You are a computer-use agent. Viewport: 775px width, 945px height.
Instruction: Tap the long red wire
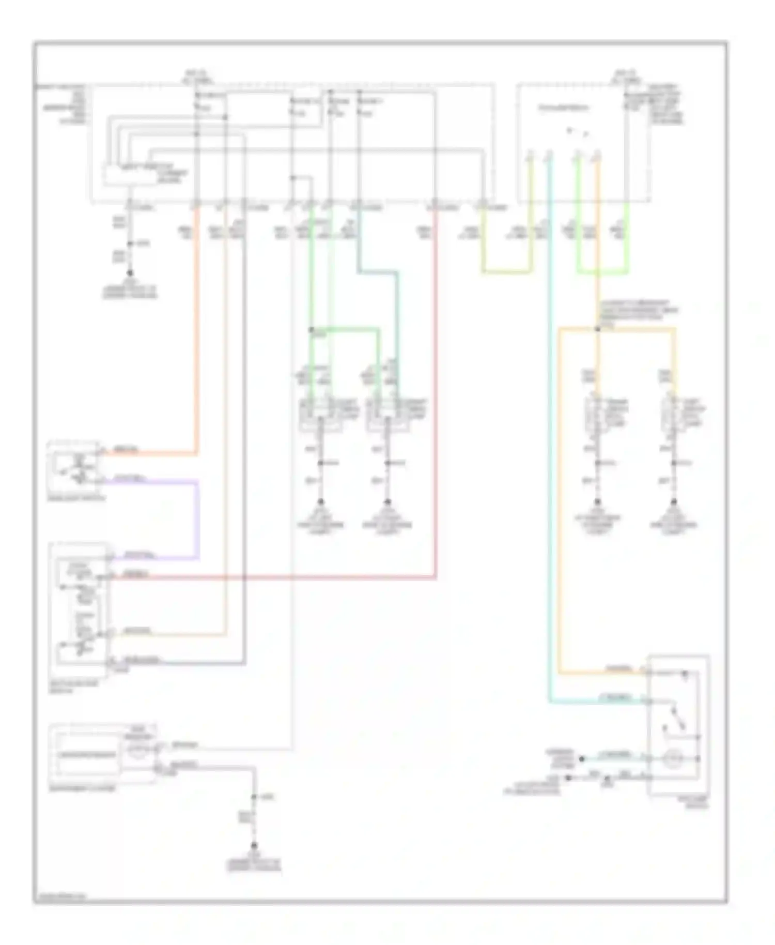(436, 414)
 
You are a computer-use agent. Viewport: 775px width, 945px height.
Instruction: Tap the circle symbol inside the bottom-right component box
(673, 758)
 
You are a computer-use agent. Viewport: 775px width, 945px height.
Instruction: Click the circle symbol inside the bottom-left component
(138, 749)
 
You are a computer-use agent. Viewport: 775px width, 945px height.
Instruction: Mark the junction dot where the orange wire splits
(597, 329)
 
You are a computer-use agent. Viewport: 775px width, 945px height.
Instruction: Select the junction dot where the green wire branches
(312, 329)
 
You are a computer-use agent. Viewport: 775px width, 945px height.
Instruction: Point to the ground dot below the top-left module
(130, 272)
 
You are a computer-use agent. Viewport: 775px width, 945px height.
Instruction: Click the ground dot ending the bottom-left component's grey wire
(254, 846)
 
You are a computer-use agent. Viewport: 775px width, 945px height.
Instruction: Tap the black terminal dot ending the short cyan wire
(581, 759)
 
